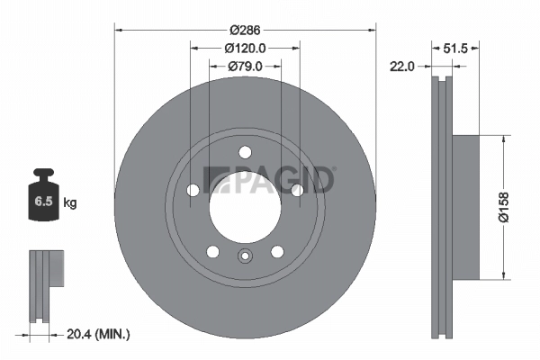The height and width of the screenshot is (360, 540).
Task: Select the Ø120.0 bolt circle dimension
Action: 245,47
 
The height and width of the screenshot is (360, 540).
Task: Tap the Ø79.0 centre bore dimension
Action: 245,65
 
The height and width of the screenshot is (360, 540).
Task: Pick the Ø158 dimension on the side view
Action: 516,206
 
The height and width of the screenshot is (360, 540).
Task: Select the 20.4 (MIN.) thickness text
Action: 99,334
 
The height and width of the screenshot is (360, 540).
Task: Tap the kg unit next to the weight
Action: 70,203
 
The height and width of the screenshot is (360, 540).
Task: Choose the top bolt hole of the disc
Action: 245,153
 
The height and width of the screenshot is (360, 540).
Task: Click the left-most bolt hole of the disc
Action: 193,190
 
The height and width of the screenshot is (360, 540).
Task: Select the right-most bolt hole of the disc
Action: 297,189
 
